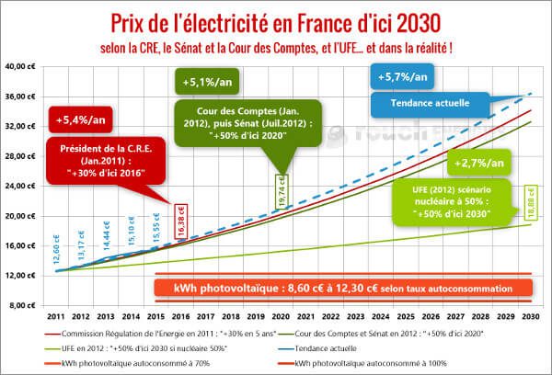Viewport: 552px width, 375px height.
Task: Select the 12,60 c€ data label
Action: [x=56, y=248]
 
